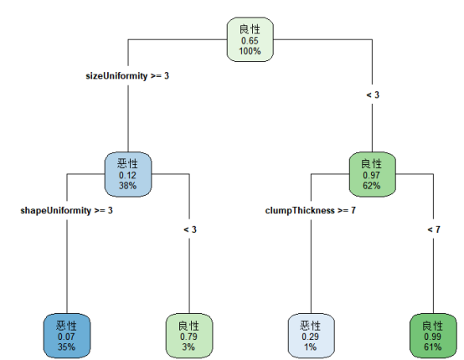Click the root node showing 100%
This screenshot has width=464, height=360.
coord(250,39)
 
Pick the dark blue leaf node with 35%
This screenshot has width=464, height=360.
coord(66,335)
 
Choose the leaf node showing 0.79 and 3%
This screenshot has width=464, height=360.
coord(189,335)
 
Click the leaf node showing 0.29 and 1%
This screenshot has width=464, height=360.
coord(311,335)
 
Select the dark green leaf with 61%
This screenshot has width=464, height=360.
coord(433,335)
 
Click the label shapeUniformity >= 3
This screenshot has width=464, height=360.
coord(66,209)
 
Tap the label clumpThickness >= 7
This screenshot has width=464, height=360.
coord(311,209)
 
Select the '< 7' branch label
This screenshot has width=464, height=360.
coord(433,229)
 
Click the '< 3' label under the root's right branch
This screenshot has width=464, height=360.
coord(373,95)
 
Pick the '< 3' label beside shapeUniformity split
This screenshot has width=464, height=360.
coord(189,229)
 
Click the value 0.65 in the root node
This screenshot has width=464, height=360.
coord(250,40)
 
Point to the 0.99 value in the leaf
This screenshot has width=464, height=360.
coord(433,336)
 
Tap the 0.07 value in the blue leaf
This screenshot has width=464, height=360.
coord(66,336)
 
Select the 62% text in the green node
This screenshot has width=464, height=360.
coord(371,185)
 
